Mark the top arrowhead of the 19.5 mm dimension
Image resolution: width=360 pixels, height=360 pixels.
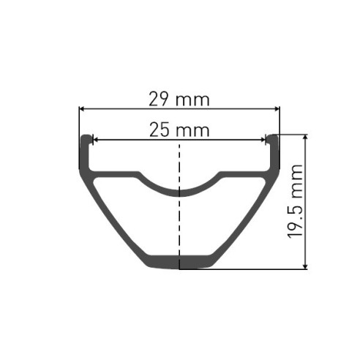(x=305, y=138)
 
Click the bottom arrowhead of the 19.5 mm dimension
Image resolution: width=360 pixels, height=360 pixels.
(x=305, y=266)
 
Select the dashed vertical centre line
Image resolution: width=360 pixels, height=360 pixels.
(x=179, y=220)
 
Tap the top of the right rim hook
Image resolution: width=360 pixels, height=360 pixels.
(x=274, y=136)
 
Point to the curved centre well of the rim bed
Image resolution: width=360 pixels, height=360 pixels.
(x=179, y=192)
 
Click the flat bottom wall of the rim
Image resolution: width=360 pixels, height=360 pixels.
(x=179, y=262)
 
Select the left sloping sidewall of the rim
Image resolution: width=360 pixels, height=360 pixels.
(x=110, y=212)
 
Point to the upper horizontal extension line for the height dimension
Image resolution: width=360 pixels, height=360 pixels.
(x=293, y=134)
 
